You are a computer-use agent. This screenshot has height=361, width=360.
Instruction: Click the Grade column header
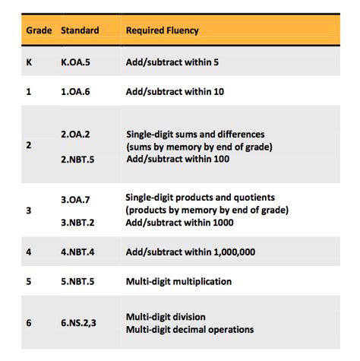pyautogui.click(x=39, y=31)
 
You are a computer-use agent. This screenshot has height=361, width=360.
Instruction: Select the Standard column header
pyautogui.click(x=80, y=31)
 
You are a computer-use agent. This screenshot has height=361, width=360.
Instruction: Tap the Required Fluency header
pyautogui.click(x=162, y=31)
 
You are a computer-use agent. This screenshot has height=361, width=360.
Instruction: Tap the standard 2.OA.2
pyautogui.click(x=76, y=134)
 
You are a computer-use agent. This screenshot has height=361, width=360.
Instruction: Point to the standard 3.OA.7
pyautogui.click(x=76, y=198)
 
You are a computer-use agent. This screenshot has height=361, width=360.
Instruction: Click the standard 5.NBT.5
pyautogui.click(x=79, y=281)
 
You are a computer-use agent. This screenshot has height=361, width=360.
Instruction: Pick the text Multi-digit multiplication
pyautogui.click(x=179, y=281)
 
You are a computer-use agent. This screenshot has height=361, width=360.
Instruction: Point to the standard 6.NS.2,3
pyautogui.click(x=80, y=323)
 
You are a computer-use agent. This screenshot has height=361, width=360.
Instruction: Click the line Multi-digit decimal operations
pyautogui.click(x=190, y=329)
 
